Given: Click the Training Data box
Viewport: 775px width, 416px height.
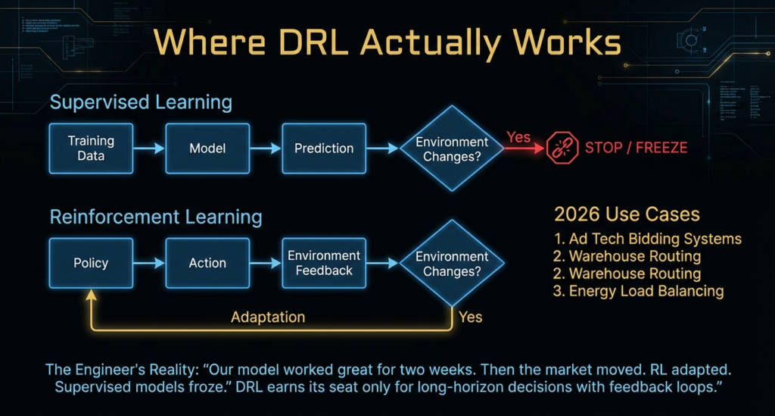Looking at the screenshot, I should coord(91,148).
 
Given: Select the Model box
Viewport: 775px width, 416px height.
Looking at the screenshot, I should coord(207,148).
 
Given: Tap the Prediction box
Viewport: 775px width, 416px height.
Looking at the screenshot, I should coord(324,148).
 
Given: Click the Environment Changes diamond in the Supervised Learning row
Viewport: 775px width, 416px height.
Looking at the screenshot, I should coord(452,149).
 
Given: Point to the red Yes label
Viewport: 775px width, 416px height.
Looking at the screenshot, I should coord(518,137).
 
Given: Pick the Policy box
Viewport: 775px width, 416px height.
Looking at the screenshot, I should coord(91,263).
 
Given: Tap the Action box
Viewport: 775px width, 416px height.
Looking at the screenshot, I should coord(207,263).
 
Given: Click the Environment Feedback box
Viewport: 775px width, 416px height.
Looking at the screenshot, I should coord(324,263).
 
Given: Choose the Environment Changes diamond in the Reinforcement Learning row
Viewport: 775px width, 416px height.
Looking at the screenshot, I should coord(452,264).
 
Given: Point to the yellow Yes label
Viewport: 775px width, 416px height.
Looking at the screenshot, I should coord(471,316).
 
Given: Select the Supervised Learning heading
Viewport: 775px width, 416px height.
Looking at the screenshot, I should coord(141,102).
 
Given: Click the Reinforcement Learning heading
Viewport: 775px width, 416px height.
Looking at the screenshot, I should coord(156,217).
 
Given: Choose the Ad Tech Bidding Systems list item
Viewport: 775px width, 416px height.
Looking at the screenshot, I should coord(647,239).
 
